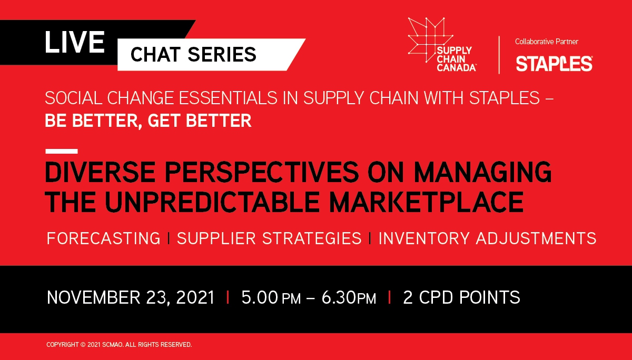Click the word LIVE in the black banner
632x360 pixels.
(75, 42)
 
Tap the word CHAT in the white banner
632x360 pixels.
(155, 54)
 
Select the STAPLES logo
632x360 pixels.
(554, 64)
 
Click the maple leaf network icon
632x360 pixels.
(431, 40)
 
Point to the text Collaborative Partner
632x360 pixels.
(547, 42)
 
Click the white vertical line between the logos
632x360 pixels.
(499, 55)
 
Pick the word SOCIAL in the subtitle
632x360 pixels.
(73, 98)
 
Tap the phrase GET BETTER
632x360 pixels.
(200, 121)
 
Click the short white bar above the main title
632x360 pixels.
(62, 151)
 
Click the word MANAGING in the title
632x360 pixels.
(482, 172)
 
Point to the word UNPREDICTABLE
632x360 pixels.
(212, 202)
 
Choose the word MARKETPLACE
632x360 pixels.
(426, 202)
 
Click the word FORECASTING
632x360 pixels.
(104, 238)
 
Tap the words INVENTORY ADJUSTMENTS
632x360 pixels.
(488, 238)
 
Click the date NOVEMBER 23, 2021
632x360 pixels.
(131, 297)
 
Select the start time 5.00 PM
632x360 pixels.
(271, 297)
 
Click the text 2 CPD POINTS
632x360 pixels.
(461, 297)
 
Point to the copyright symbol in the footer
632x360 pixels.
(83, 345)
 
